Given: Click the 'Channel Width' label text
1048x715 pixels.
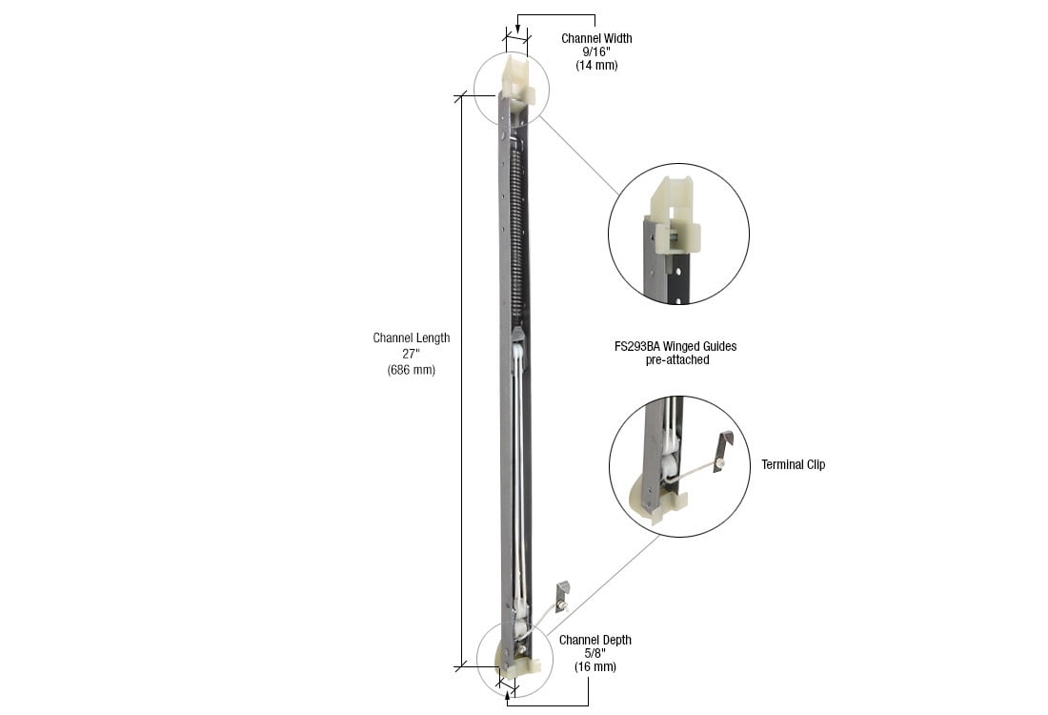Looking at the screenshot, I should pyautogui.click(x=595, y=39).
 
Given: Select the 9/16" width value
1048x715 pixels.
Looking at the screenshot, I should pyautogui.click(x=595, y=52).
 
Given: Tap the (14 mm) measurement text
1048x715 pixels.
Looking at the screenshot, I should pyautogui.click(x=595, y=66).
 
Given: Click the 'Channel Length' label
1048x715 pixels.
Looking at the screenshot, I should pyautogui.click(x=411, y=338).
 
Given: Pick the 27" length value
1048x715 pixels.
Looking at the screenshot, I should pyautogui.click(x=411, y=354).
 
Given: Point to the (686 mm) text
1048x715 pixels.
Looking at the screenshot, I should pyautogui.click(x=411, y=370).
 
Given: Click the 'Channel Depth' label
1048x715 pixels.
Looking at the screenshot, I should pyautogui.click(x=595, y=640).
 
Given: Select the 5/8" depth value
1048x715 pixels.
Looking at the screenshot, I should pyautogui.click(x=595, y=654).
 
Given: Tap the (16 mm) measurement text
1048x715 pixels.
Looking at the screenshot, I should pyautogui.click(x=595, y=667).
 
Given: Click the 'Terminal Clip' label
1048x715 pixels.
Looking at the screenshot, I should pyautogui.click(x=793, y=465).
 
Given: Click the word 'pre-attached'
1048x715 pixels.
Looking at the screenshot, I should pyautogui.click(x=675, y=360).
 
